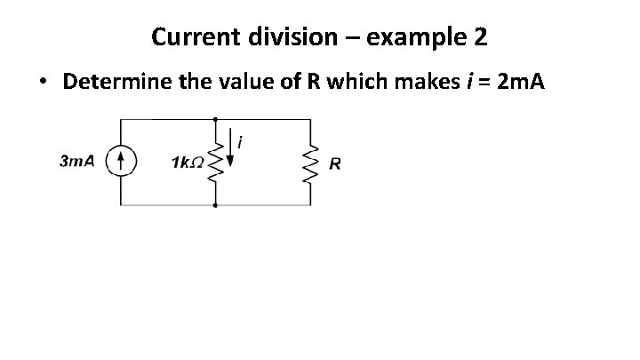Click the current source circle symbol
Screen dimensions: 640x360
tap(122, 162)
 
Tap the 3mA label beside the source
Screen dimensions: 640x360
tap(76, 162)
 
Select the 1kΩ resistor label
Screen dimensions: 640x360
tap(187, 163)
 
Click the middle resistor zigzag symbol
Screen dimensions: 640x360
tap(215, 162)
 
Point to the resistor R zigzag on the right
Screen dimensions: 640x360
tap(310, 162)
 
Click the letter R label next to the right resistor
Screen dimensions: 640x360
tap(335, 164)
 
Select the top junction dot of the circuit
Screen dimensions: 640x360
tap(215, 118)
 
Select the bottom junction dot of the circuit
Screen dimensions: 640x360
tap(215, 205)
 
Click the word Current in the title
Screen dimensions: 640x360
tap(189, 37)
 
